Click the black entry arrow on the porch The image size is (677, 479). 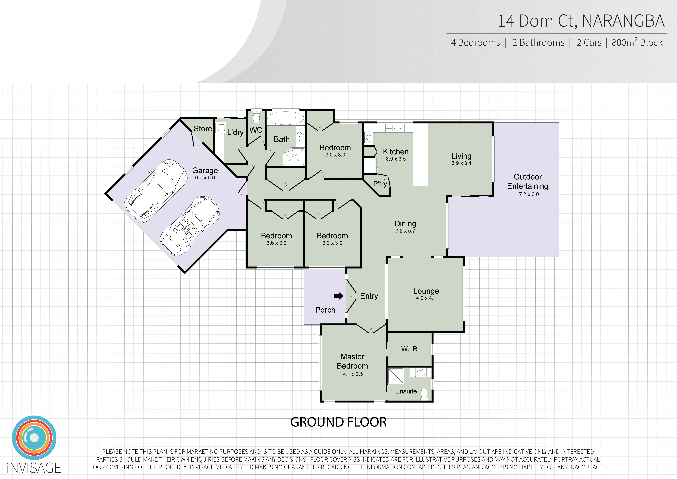338,296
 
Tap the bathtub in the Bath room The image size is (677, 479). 285,118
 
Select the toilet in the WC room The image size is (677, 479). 256,117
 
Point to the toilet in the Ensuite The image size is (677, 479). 424,394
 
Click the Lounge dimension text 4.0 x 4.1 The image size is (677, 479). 426,298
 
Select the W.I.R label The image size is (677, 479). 409,349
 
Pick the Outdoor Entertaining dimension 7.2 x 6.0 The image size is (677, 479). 529,194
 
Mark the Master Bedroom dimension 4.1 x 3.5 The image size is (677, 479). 353,374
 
